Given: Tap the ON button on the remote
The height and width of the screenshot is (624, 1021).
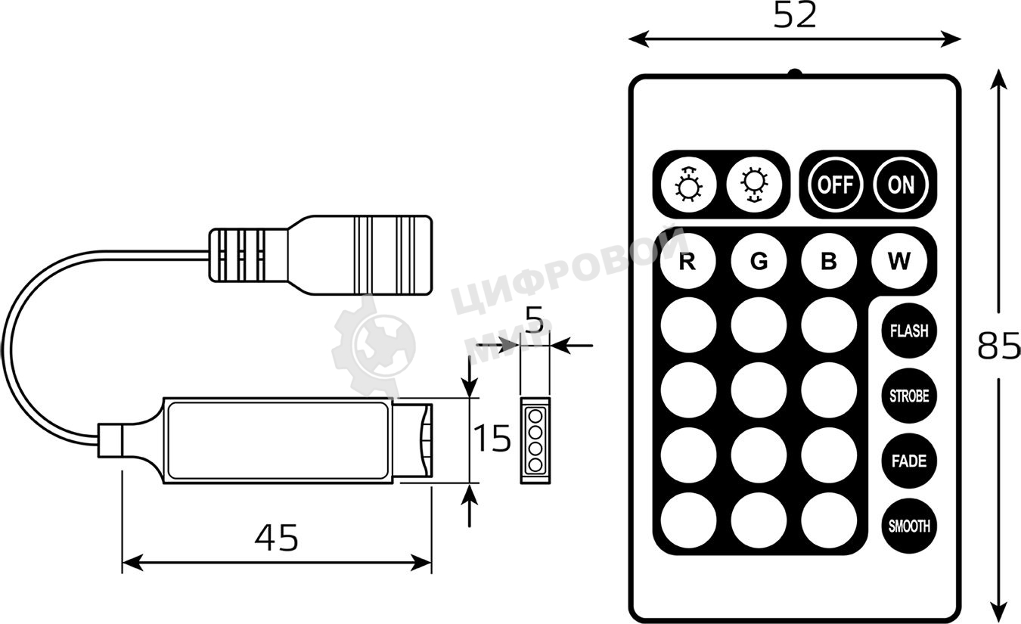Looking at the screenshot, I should (902, 184).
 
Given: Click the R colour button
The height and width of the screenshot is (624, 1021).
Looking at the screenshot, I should (687, 262).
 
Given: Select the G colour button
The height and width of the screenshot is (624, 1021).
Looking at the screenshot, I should (759, 262).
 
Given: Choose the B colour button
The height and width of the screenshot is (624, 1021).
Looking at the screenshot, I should (829, 262).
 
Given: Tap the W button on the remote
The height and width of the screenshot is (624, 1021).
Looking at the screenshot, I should (899, 262).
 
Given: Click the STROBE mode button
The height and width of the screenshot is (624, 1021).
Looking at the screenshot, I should (909, 396).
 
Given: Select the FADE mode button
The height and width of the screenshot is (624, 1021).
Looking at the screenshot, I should (909, 461).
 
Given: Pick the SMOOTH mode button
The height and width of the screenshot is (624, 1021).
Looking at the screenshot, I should (909, 526).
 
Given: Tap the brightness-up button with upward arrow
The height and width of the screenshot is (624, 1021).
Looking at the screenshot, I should (687, 184).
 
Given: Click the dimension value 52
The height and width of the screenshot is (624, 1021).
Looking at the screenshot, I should (795, 15).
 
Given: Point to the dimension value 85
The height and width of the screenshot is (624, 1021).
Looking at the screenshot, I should (998, 346).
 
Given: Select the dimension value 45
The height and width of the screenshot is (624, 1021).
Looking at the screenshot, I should (276, 538).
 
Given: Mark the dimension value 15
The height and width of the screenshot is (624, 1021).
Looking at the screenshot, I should (492, 439).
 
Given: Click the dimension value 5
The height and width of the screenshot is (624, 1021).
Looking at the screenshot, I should (534, 322).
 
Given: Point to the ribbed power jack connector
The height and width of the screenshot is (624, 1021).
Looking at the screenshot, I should (321, 255).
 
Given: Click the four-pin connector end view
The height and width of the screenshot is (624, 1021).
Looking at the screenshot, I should (535, 439).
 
